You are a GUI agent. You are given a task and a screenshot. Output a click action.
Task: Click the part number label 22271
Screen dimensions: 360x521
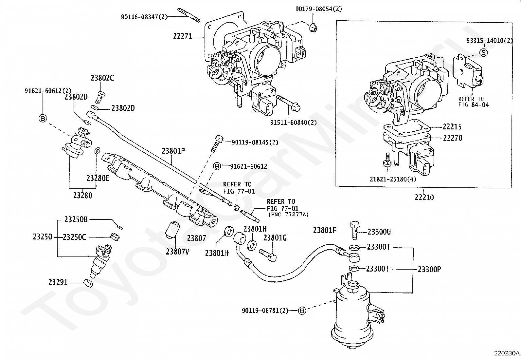coord(183,36)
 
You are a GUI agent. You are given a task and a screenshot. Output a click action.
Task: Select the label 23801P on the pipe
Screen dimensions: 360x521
coord(173,151)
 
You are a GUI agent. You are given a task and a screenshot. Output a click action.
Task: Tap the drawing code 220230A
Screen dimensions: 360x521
coord(507,353)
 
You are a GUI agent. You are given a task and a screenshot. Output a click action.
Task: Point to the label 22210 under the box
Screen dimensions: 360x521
coord(424,197)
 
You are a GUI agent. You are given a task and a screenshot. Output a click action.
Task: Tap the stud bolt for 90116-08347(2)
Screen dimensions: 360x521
coord(189,15)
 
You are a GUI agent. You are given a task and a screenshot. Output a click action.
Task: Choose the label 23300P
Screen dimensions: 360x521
coord(429,269)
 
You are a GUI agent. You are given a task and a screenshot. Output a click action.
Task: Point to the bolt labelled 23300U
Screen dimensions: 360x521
coord(355,229)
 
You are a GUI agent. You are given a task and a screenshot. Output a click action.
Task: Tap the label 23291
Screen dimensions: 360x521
coord(58,282)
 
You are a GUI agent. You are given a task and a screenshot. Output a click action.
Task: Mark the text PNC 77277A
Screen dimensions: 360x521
coord(288,214)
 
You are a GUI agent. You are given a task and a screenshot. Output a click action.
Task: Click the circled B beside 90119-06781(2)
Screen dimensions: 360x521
coord(302,310)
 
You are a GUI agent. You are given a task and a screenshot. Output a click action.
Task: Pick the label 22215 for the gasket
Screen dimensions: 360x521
coord(452,127)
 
